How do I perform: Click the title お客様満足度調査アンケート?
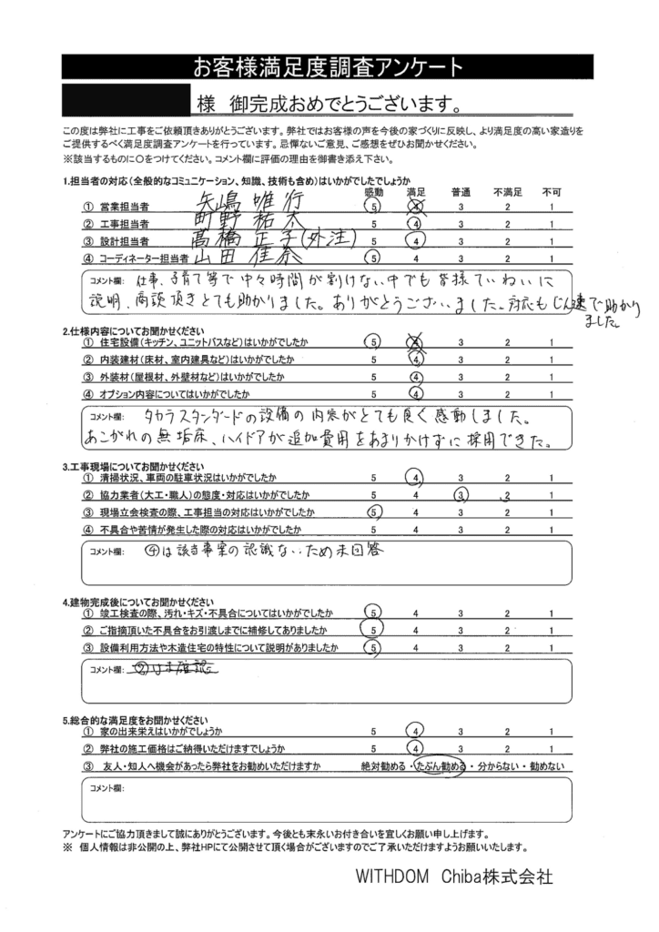pyautogui.click(x=329, y=66)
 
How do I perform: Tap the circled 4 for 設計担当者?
pyautogui.click(x=415, y=241)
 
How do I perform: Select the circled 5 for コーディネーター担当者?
pyautogui.click(x=373, y=258)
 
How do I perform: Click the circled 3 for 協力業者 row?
pyautogui.click(x=461, y=495)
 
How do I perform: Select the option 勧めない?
pyautogui.click(x=546, y=767)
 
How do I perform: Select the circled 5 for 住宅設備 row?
pyautogui.click(x=373, y=341)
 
